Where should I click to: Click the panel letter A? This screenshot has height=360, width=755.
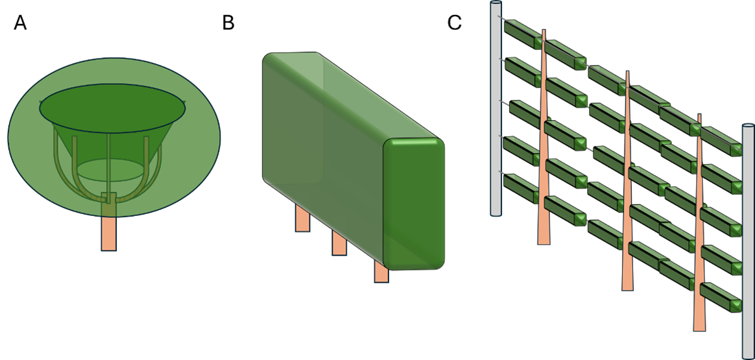pos(20,23)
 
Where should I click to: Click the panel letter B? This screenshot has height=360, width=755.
pos(228,23)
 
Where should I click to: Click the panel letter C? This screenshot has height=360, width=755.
pos(455,23)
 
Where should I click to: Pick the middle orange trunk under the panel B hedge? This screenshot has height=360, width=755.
pos(339,243)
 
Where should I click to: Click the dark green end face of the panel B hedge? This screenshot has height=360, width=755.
pos(414,204)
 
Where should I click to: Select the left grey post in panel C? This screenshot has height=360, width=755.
pos(496,108)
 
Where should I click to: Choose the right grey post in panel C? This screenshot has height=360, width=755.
pos(749,241)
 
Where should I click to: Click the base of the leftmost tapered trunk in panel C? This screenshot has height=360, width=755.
pos(544,242)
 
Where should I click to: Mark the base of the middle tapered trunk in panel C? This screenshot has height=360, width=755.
pos(627,288)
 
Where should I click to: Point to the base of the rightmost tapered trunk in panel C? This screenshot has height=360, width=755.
pos(699,328)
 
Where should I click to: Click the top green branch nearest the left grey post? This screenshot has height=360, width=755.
pos(523,34)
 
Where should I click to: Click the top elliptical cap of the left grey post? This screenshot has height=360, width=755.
pos(496,3)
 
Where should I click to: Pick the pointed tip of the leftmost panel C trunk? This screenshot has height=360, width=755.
pos(544,30)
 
